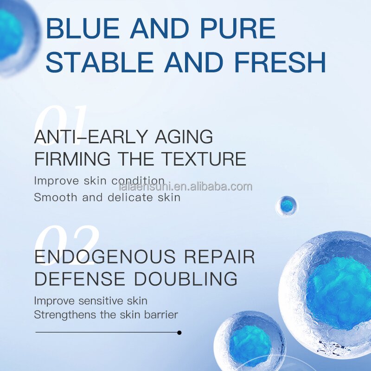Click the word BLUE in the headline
click(x=83, y=29)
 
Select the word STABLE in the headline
click(x=100, y=63)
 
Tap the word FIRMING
click(x=72, y=159)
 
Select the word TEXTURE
click(x=204, y=159)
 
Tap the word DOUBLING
click(x=185, y=279)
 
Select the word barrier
click(x=160, y=315)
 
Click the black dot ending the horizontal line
click(x=179, y=333)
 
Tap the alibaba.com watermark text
click(x=185, y=187)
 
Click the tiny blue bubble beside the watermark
click(x=287, y=205)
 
